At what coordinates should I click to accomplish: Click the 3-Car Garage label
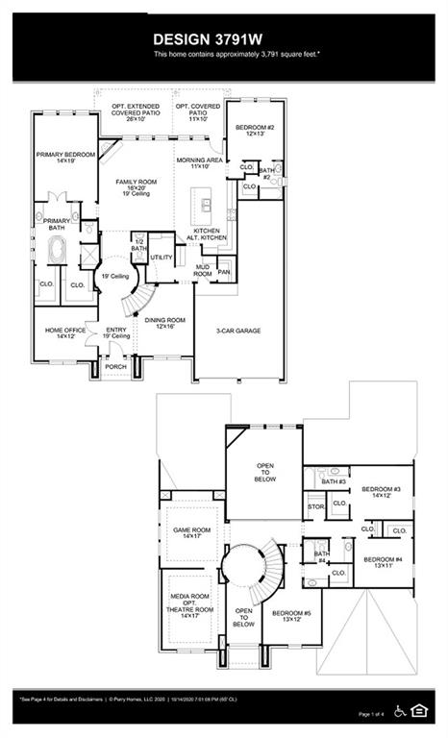(238, 331)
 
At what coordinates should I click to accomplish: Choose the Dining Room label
(164, 322)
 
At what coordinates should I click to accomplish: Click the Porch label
(115, 367)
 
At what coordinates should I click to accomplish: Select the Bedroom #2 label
(257, 129)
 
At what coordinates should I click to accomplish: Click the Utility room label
(162, 258)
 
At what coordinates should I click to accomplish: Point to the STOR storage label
(315, 505)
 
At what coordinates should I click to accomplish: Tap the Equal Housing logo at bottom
(418, 711)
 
